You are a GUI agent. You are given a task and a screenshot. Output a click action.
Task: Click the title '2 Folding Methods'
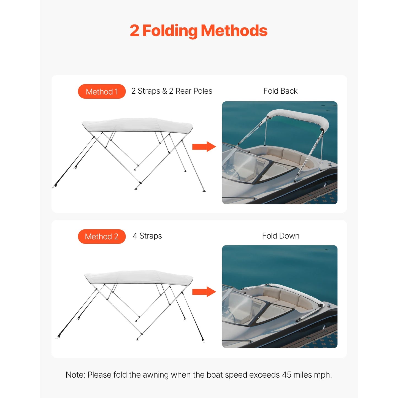point(198,31)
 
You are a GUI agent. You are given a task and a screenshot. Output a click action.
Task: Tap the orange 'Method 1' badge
point(102,91)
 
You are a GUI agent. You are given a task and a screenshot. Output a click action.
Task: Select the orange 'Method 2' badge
point(102,237)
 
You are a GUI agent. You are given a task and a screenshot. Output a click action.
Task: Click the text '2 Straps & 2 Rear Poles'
point(172,91)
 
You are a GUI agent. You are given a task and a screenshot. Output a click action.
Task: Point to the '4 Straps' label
point(147,236)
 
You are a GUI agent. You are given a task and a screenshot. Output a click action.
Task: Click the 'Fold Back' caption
point(280,91)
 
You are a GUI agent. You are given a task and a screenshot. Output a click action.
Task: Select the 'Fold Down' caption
point(280,236)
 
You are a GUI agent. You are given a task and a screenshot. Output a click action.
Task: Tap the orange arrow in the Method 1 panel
point(204,147)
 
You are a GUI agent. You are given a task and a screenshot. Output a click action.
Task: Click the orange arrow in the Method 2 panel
point(204,292)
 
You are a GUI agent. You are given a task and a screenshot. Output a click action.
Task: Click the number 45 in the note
point(286,375)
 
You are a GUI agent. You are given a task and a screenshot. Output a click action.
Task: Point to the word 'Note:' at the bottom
point(75,375)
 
